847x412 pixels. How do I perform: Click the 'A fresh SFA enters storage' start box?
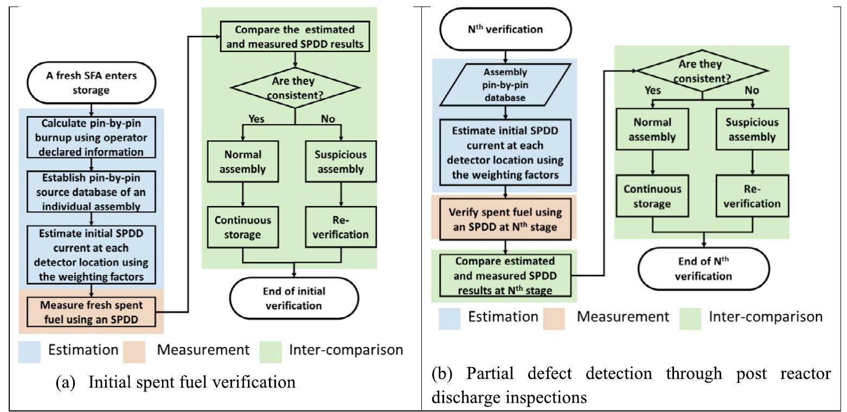[x=91, y=82]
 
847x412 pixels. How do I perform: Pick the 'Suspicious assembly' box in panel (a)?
[x=341, y=161]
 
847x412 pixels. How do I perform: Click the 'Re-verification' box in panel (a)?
[x=341, y=228]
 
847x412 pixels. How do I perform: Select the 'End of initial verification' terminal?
[x=294, y=298]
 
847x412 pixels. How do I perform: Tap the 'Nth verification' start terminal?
[x=505, y=29]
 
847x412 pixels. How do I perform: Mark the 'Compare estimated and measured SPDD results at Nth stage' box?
[x=505, y=276]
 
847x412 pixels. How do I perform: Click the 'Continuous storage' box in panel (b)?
[x=652, y=196]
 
